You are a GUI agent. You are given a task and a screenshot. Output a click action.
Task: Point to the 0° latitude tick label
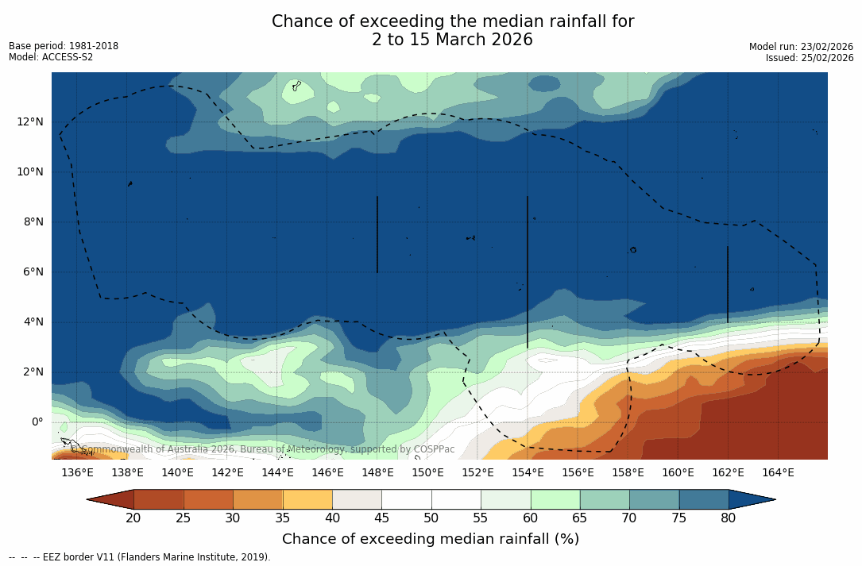[x=37, y=422]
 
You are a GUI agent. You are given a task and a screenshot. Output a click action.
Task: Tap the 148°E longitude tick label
[x=377, y=473]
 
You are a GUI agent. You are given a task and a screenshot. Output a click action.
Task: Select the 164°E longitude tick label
[x=778, y=473]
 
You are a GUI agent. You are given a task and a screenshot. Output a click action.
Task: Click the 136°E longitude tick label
[x=77, y=473]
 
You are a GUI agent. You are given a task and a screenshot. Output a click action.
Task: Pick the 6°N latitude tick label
[x=33, y=271]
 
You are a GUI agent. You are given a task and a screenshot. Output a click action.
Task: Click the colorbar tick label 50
[x=431, y=518]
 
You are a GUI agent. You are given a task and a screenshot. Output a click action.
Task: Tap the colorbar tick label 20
[x=133, y=518]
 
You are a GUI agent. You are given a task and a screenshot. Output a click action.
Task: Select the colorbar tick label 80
[x=729, y=518]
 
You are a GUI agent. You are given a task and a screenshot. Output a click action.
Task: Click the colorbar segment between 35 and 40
[x=307, y=499]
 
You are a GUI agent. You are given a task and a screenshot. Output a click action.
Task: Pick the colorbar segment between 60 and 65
[x=555, y=499]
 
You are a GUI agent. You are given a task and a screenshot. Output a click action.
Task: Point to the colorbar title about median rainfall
[x=431, y=539]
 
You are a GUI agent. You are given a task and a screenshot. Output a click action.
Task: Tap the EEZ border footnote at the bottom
[x=140, y=557]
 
